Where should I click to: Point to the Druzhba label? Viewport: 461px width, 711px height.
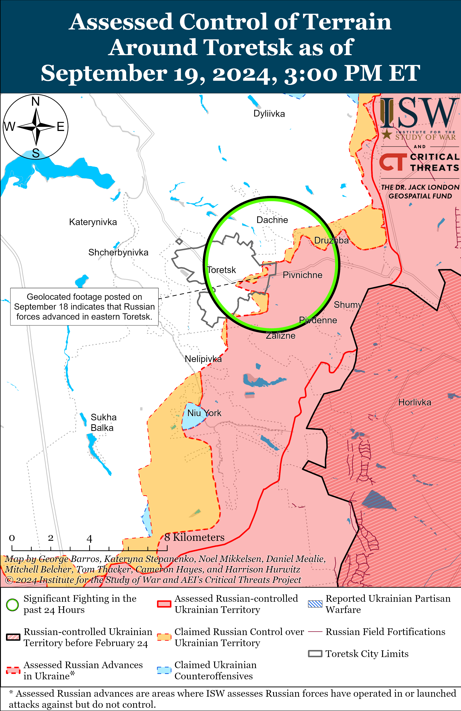(331, 240)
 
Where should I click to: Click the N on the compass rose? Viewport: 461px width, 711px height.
(36, 101)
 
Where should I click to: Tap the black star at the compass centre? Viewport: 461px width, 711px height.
(36, 127)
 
